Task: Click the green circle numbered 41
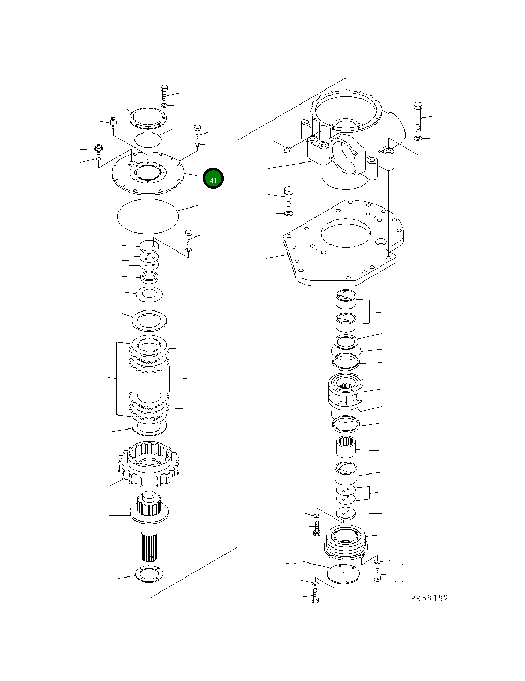tap(213, 179)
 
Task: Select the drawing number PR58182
tap(429, 598)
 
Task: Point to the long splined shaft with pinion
tap(149, 526)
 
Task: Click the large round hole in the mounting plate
tap(346, 233)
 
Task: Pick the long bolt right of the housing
tap(417, 116)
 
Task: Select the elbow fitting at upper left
tap(113, 122)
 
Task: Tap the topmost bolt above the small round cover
tap(164, 93)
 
